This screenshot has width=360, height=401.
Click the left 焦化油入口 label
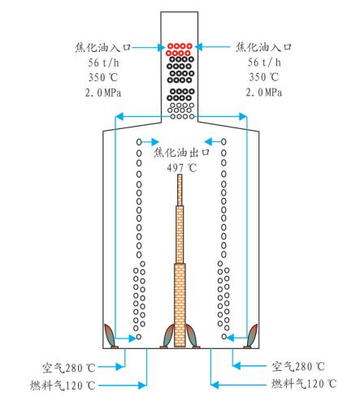103,47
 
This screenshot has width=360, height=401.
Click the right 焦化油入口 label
263,47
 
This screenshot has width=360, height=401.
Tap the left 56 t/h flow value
103,63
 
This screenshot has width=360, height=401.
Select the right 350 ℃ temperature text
264,77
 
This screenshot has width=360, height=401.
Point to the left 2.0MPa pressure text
103,93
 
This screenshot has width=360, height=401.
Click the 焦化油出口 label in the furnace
182,153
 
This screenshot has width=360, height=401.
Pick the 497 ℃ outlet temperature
182,168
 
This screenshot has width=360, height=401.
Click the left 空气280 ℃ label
69,368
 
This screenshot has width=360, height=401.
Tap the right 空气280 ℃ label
298,367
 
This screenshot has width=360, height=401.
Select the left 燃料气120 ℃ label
63,386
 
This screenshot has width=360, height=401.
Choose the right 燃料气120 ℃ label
304,384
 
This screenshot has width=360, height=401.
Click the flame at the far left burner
110,334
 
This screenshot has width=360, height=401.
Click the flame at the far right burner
252,334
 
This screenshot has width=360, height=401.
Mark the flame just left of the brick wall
169,335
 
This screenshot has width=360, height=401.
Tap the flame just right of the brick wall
191,335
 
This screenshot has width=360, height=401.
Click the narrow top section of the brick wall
180,190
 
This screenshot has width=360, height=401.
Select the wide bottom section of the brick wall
180,305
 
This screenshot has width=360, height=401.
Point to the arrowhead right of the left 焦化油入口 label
162,48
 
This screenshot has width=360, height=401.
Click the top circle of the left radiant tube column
139,141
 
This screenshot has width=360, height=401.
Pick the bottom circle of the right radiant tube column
224,337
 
